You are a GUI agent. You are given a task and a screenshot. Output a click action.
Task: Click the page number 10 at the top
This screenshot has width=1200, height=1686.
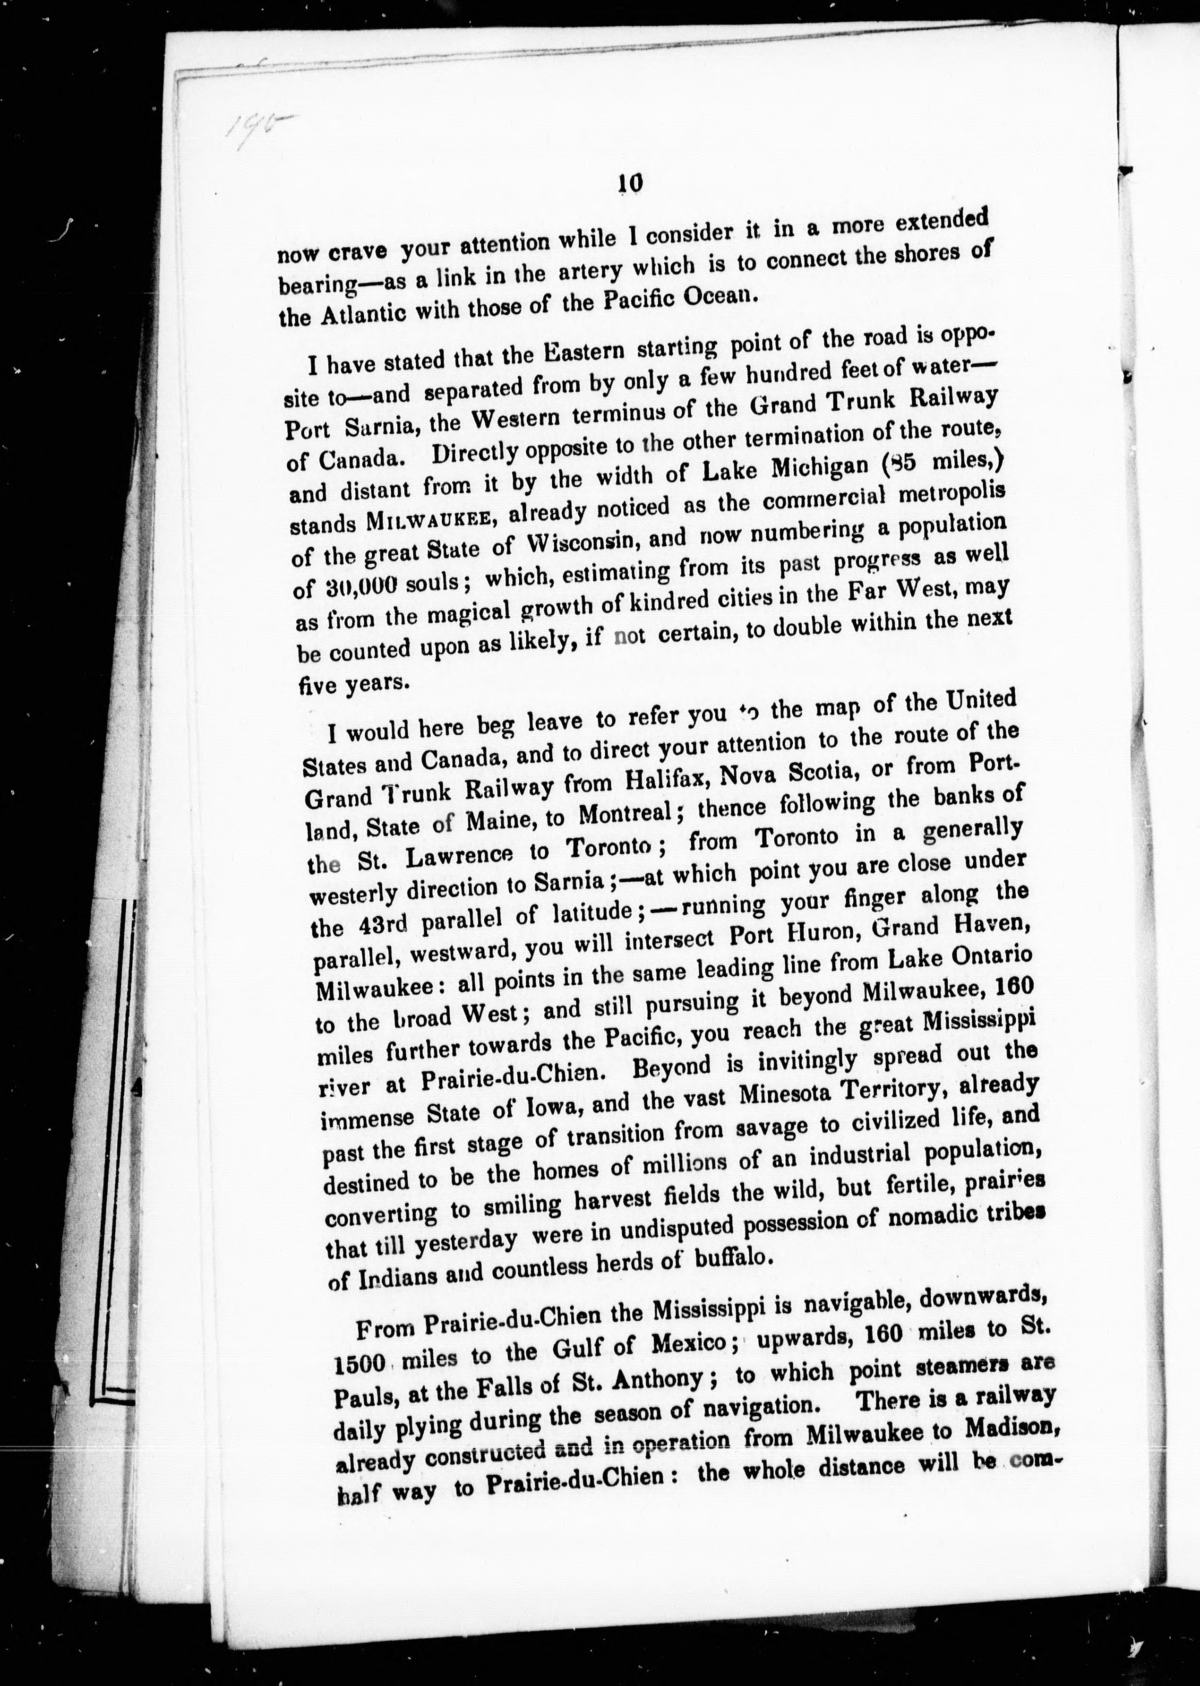[x=630, y=182]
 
